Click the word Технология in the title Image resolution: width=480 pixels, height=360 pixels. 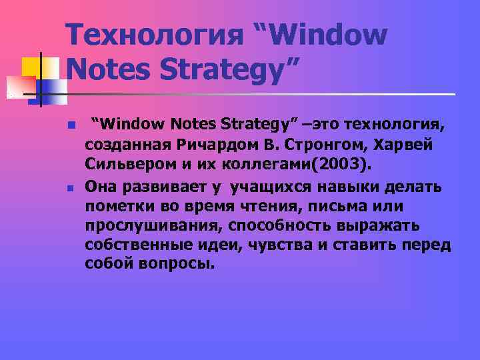click(153, 35)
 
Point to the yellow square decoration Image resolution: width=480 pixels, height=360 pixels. click(31, 67)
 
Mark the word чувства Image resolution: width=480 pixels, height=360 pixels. click(281, 245)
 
